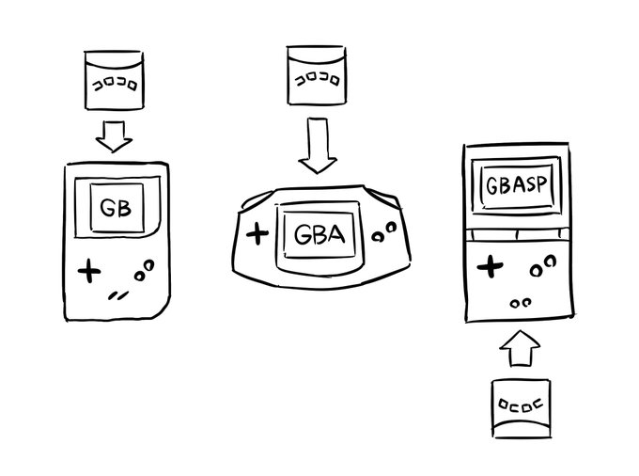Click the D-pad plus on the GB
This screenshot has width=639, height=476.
[88, 271]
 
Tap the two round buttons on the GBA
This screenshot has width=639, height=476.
[383, 231]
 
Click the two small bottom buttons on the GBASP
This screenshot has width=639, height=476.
[520, 303]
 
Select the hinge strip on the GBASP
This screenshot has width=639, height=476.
[515, 232]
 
